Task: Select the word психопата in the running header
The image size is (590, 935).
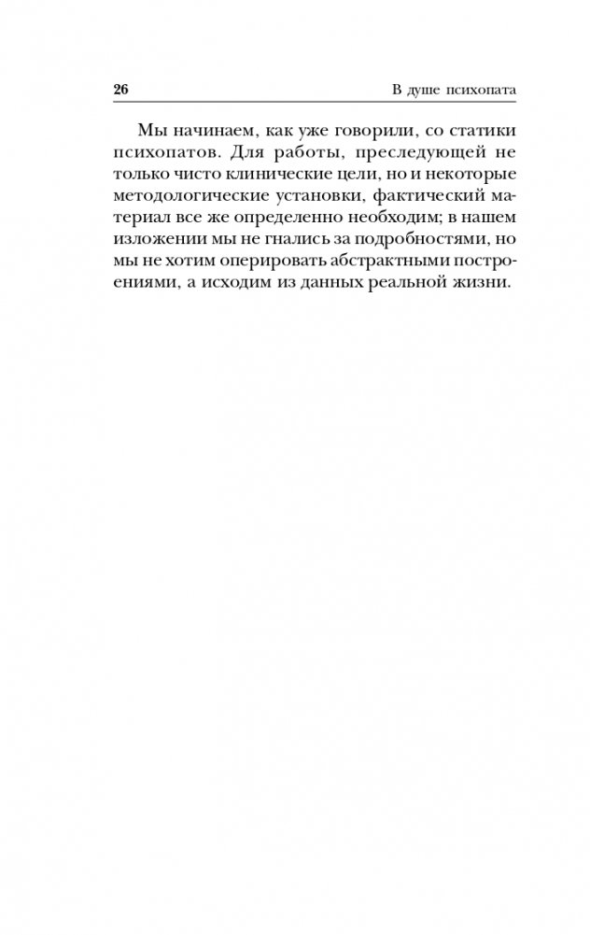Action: (483, 91)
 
